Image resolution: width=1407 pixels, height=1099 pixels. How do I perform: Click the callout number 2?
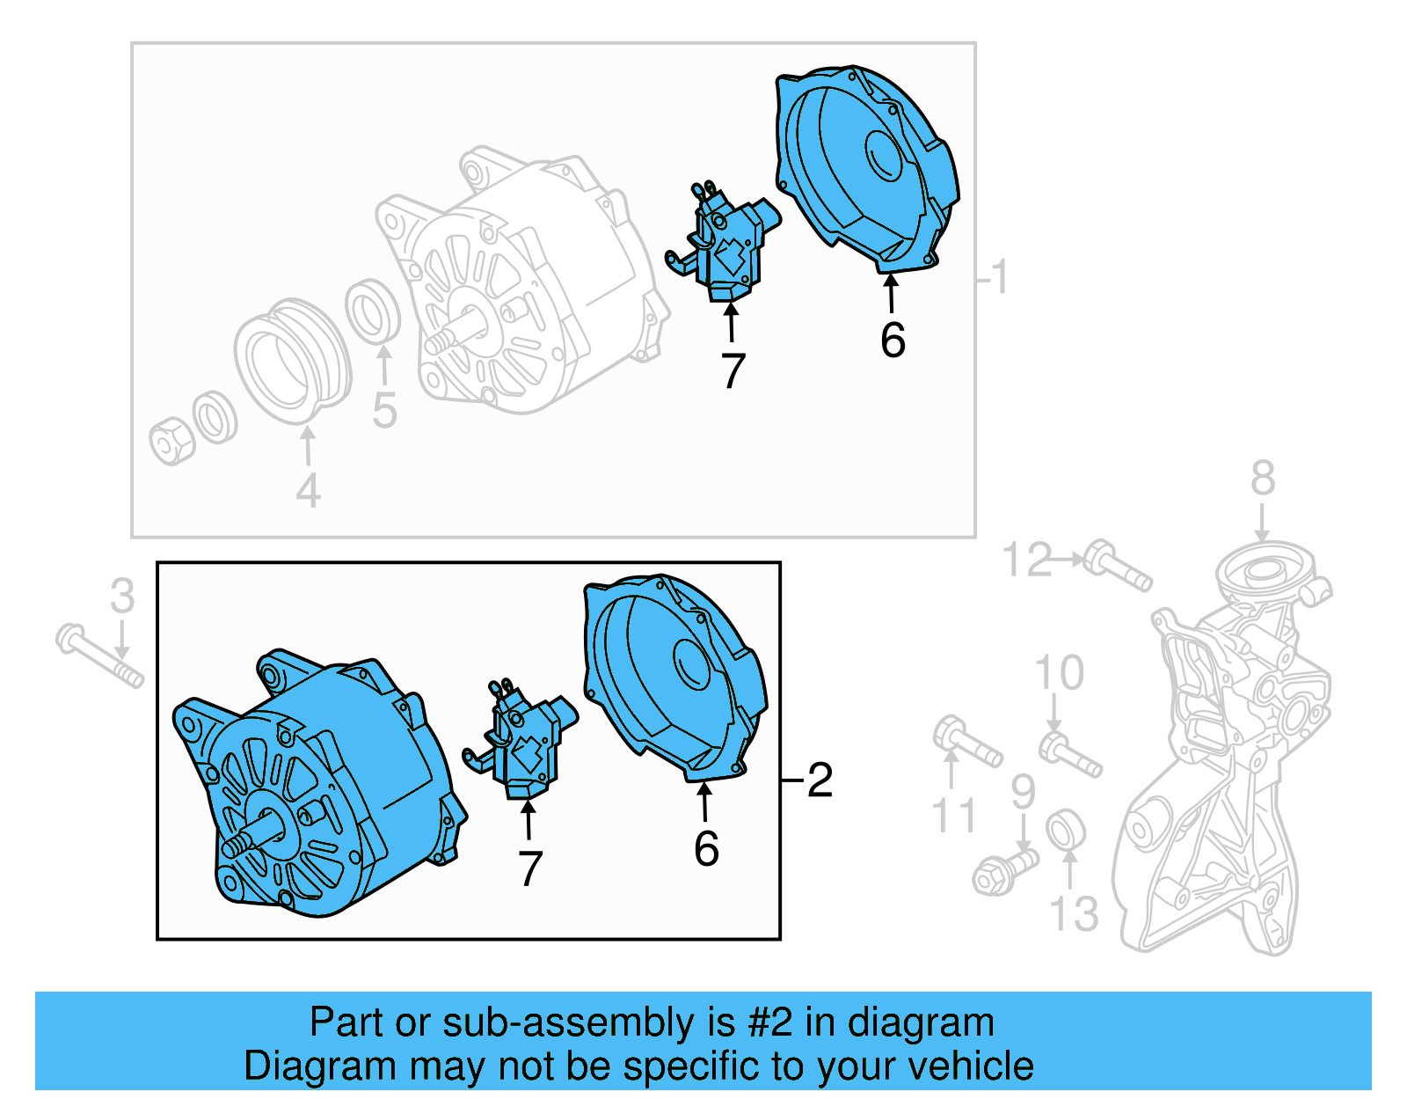coord(820,780)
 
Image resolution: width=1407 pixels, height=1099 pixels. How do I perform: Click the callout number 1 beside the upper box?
coord(1000,277)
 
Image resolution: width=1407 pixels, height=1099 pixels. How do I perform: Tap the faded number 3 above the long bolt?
coord(123,597)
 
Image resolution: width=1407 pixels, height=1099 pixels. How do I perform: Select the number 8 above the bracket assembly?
coord(1263,480)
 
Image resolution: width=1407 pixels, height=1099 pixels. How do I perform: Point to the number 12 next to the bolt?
coord(1027,560)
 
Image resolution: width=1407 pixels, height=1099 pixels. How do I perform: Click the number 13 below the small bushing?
coord(1074,914)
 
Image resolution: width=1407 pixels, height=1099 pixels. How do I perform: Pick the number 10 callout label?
coord(1059,674)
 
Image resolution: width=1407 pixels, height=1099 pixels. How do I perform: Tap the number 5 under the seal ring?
coord(384,411)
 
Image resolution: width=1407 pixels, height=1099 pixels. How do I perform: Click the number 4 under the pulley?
coord(308,491)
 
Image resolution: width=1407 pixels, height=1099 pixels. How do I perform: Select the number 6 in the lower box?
coord(706,849)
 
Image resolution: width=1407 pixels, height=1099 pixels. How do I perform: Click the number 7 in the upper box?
coord(733,370)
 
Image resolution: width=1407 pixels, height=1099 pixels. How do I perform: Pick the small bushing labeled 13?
coord(1065,832)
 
